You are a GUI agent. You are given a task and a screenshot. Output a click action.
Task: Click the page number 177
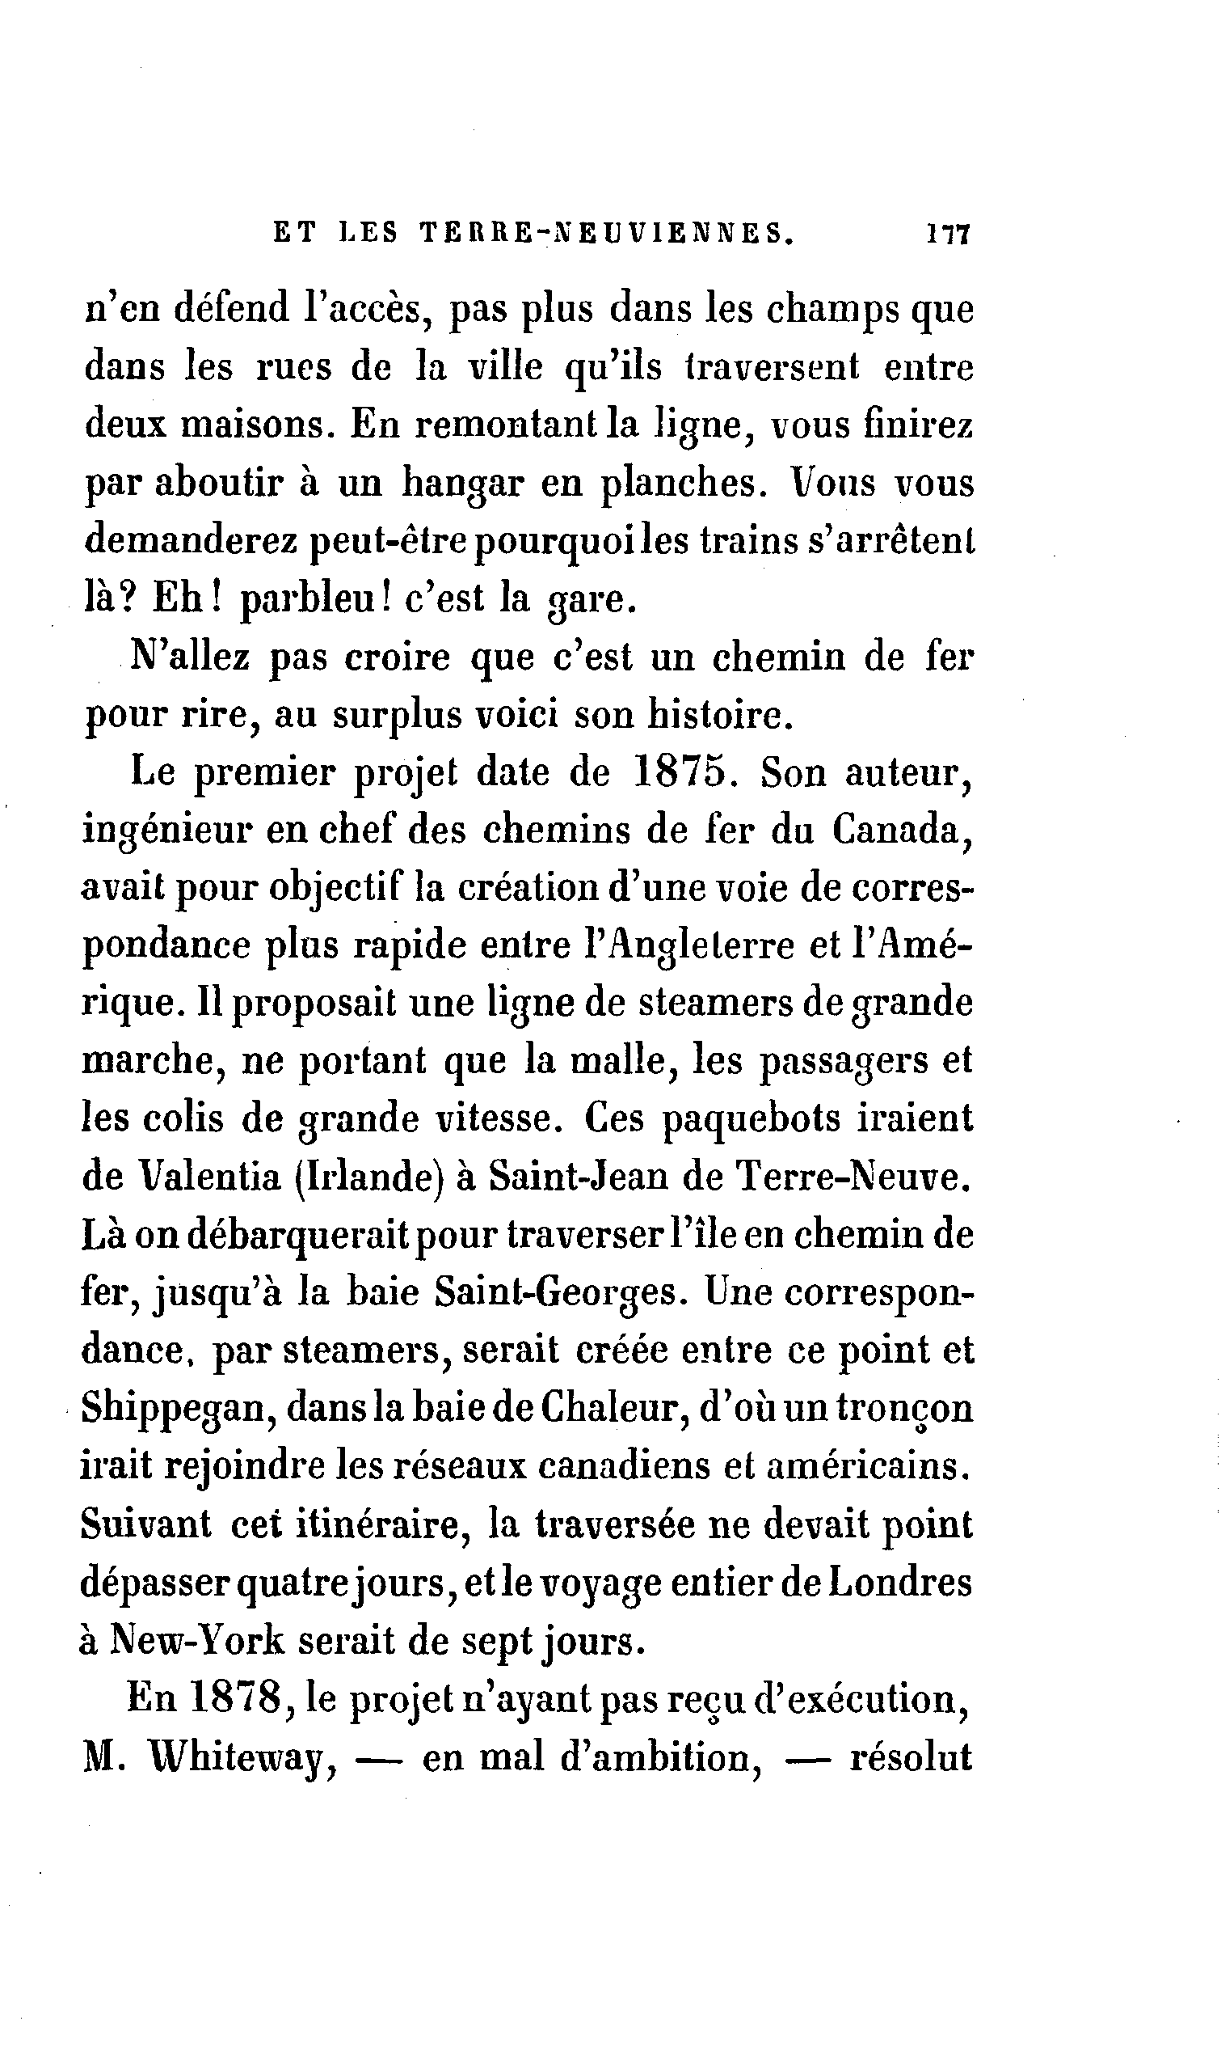[x=949, y=234]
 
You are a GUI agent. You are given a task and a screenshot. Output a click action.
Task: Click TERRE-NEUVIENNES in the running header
[x=608, y=234]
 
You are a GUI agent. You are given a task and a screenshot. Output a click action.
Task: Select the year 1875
[x=684, y=775]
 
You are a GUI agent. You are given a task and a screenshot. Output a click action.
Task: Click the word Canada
[x=903, y=831]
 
